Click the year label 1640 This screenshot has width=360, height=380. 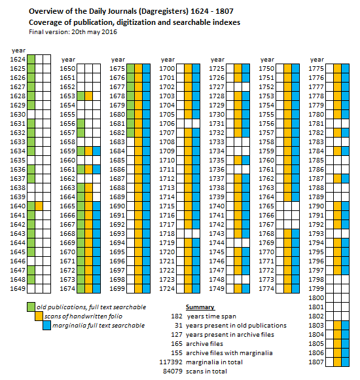click(18, 206)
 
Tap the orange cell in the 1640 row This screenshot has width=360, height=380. click(39, 206)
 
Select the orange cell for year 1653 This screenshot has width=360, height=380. click(88, 96)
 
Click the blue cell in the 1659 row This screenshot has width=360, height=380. click(97, 151)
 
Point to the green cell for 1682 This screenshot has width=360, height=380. click(130, 133)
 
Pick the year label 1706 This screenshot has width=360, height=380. click(167, 124)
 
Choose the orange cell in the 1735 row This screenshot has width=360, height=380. click(238, 161)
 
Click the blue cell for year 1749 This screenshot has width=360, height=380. click(245, 289)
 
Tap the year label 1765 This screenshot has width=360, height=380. click(266, 206)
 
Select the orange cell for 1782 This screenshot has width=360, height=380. click(337, 133)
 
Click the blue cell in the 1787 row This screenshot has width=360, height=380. click(345, 179)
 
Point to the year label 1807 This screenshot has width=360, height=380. click(316, 362)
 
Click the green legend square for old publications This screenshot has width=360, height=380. click(31, 307)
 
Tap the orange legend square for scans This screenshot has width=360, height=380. click(39, 316)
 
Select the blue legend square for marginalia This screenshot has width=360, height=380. click(47, 325)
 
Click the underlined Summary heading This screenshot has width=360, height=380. click(200, 307)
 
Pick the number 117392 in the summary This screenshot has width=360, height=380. click(171, 362)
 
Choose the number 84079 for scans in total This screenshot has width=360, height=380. click(173, 371)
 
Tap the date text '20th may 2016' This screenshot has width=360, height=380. click(94, 32)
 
